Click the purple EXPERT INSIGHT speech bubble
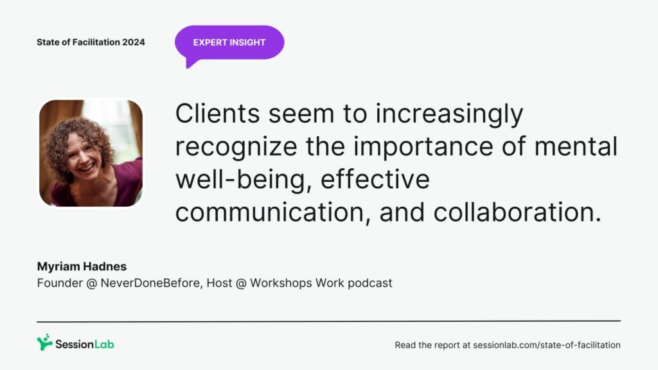click(x=229, y=42)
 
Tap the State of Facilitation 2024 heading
click(x=91, y=42)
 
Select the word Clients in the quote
click(x=217, y=113)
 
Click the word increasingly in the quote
click(x=449, y=114)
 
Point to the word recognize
click(x=236, y=146)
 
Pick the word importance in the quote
click(x=423, y=146)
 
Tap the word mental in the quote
click(x=576, y=146)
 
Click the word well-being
click(x=243, y=179)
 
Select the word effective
click(x=375, y=179)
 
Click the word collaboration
click(x=517, y=212)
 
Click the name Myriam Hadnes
click(x=82, y=267)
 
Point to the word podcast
click(x=369, y=283)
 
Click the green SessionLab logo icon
click(x=44, y=342)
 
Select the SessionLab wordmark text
click(x=85, y=344)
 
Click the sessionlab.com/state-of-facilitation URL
click(x=547, y=345)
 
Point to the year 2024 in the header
click(x=134, y=42)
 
